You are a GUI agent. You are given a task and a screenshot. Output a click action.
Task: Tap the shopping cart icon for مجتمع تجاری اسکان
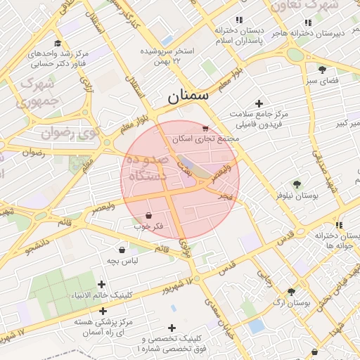tap(205, 129)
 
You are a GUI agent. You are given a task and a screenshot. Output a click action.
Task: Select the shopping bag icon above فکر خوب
tap(148, 215)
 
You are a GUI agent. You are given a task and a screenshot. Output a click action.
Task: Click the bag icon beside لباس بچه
tap(122, 250)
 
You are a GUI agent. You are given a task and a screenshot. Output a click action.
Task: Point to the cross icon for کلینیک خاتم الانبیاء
tap(102, 284)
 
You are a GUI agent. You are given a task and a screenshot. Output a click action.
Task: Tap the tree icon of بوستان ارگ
tap(291, 292)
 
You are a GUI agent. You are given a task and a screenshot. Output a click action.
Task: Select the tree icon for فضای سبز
tap(322, 70)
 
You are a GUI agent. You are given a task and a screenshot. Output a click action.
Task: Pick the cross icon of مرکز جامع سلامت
tap(259, 103)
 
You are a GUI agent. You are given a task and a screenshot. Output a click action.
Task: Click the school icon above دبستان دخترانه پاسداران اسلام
tap(239, 20)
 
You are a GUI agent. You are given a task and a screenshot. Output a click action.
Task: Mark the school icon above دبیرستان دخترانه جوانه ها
tap(339, 226)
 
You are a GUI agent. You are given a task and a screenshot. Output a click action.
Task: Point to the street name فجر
tap(224, 195)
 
